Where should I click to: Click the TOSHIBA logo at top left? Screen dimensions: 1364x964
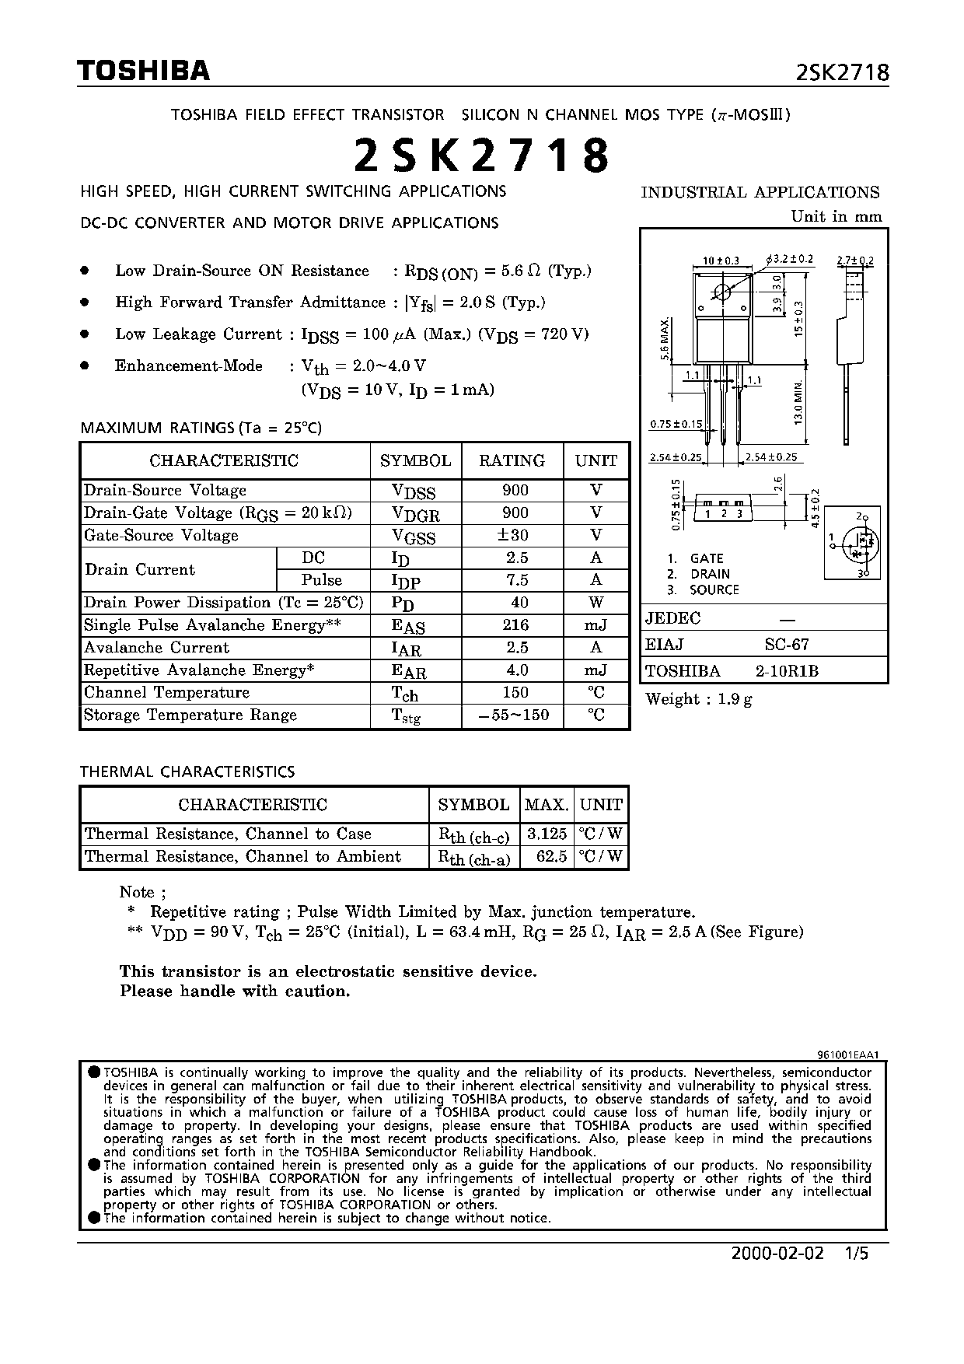point(144,71)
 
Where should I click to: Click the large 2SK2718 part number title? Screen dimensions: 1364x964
point(482,156)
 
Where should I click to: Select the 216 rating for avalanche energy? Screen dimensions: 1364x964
point(515,624)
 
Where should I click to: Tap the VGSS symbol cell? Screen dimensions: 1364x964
point(415,536)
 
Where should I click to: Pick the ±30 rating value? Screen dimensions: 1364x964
point(514,535)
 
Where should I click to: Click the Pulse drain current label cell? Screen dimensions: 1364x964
point(322,580)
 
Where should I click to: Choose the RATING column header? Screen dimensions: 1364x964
point(512,460)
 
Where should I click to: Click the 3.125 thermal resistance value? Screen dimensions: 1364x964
point(547,834)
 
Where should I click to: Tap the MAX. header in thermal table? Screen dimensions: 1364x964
point(547,804)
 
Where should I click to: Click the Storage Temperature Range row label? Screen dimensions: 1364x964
point(190,715)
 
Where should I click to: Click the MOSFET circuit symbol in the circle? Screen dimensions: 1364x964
point(854,543)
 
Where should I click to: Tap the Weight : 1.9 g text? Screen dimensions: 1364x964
point(698,698)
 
